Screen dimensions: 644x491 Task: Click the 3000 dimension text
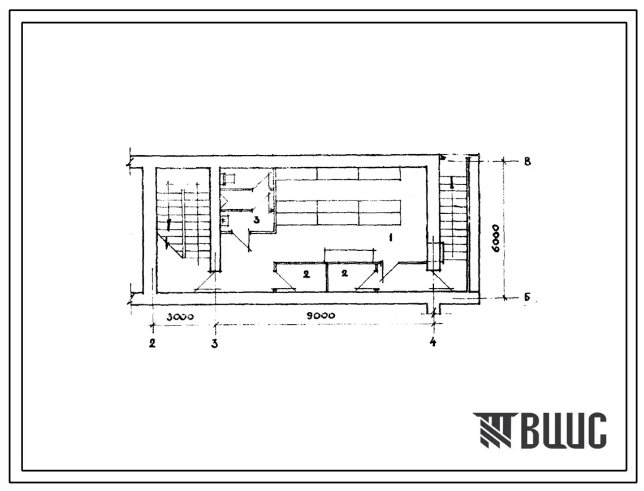point(180,317)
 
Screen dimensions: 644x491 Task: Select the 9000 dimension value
point(321,315)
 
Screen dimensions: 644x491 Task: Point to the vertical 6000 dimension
point(496,238)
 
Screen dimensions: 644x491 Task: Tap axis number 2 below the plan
point(152,342)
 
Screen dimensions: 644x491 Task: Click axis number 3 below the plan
point(214,343)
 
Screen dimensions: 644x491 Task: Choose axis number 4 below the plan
point(433,341)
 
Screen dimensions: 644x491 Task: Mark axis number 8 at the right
point(528,162)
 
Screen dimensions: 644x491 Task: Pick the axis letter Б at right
point(527,297)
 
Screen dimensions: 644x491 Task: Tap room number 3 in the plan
point(256,220)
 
